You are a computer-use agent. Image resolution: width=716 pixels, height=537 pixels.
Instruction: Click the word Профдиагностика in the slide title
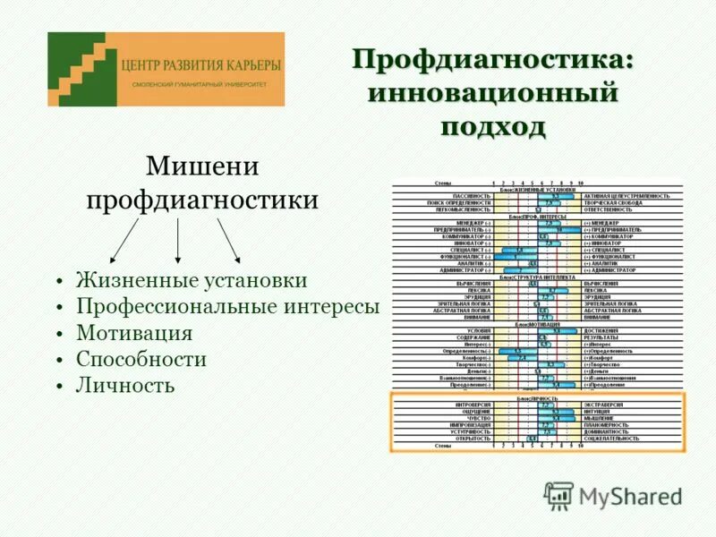[x=493, y=60]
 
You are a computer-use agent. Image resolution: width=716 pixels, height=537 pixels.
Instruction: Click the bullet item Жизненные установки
[x=192, y=280]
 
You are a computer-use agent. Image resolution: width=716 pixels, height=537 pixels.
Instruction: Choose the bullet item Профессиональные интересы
[x=228, y=307]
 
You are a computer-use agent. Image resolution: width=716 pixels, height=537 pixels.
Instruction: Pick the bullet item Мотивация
[x=134, y=333]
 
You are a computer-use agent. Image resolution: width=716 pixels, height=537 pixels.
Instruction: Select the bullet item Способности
[x=141, y=359]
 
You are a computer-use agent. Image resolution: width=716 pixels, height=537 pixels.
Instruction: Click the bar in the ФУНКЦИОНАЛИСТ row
[x=519, y=257]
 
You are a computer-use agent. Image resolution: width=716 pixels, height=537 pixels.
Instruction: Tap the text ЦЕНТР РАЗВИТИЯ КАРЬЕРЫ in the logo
[x=200, y=65]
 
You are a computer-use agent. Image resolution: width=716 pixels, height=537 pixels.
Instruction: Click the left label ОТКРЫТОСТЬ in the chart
[x=470, y=439]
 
